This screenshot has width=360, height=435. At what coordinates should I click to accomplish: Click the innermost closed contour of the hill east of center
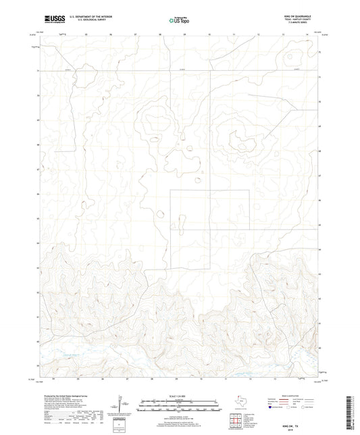(x=238, y=143)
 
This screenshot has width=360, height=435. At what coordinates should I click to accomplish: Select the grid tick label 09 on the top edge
(x=184, y=32)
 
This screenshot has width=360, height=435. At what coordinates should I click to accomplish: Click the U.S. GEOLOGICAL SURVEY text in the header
(x=80, y=21)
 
